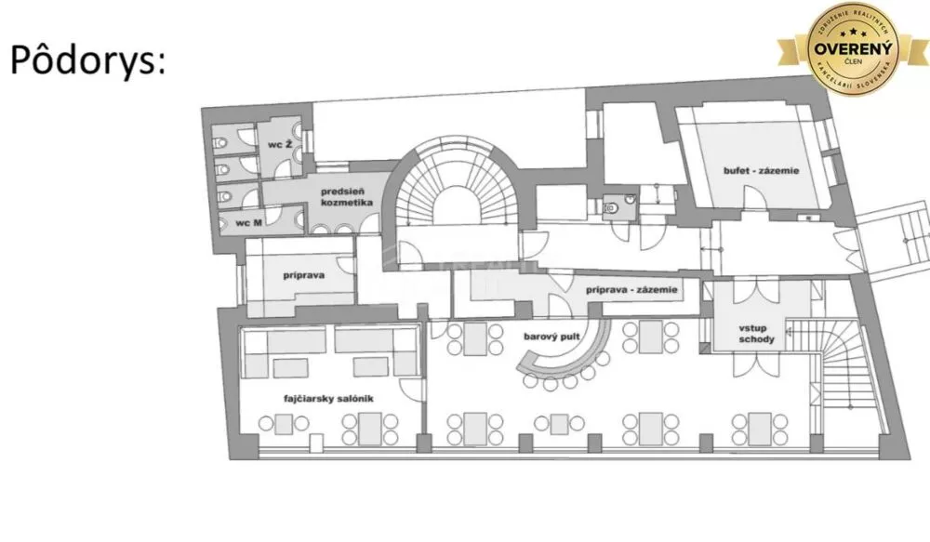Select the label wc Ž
tap(281, 146)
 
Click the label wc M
tap(246, 223)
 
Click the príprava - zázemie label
tap(630, 290)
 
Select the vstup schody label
tap(751, 335)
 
